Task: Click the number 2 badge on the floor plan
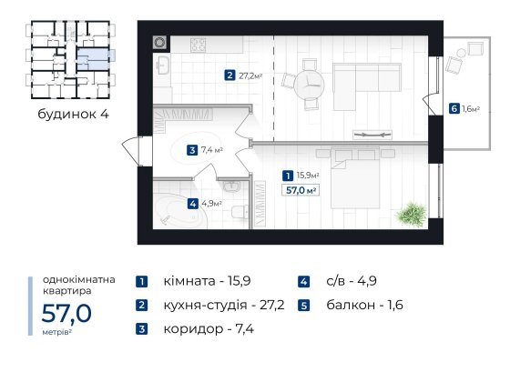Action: (230, 75)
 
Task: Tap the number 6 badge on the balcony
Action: (454, 109)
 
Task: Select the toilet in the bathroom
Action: (239, 213)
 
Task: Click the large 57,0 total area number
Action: (66, 315)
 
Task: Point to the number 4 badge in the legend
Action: (303, 282)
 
